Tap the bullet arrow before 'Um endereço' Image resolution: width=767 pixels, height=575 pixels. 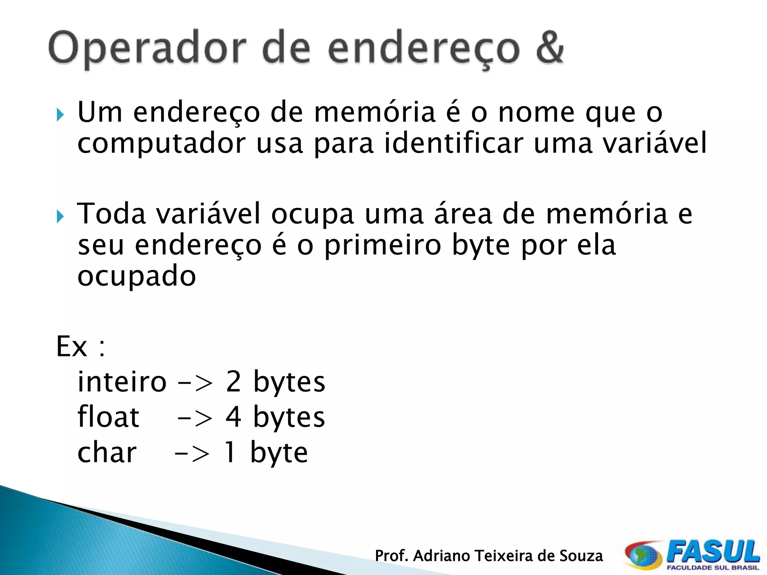pos(60,115)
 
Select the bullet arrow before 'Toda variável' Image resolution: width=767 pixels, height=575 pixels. pos(60,216)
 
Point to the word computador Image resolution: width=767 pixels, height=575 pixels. pos(161,144)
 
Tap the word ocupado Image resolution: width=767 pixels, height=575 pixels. pos(137,277)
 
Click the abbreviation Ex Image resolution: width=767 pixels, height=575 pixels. pos(72,347)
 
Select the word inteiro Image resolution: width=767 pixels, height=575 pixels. pos(122,382)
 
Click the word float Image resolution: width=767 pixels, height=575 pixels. pos(108,417)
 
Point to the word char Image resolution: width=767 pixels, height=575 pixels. pos(107,453)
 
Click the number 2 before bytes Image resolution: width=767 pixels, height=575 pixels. pos(233,382)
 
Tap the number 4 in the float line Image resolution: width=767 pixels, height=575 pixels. pos(233,417)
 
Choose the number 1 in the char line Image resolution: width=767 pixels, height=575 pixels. pos(230,453)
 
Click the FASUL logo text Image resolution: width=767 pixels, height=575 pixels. pos(713,552)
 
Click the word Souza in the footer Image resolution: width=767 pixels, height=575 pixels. pos(581,556)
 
